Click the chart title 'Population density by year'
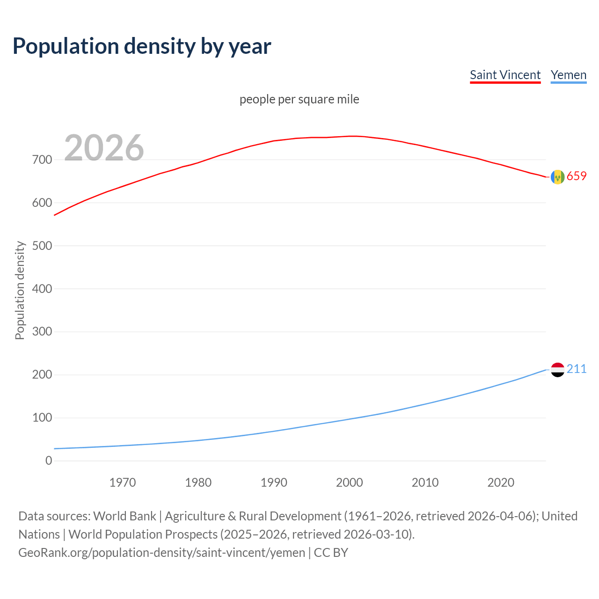pyautogui.click(x=142, y=46)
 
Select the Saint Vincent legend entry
pyautogui.click(x=505, y=75)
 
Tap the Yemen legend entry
pyautogui.click(x=568, y=75)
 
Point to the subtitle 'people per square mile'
pyautogui.click(x=299, y=99)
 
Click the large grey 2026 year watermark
pyautogui.click(x=104, y=148)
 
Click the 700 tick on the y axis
pyautogui.click(x=42, y=160)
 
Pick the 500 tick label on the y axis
pyautogui.click(x=42, y=246)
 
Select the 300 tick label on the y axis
pyautogui.click(x=42, y=332)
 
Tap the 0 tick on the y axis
pyautogui.click(x=49, y=460)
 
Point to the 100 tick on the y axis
pyautogui.click(x=42, y=418)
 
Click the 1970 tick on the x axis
pyautogui.click(x=123, y=482)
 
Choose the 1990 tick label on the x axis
pyautogui.click(x=274, y=482)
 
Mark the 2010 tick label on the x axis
pyautogui.click(x=425, y=482)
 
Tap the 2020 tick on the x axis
pyautogui.click(x=501, y=482)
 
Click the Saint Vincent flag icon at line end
pyautogui.click(x=557, y=177)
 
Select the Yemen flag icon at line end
pyautogui.click(x=557, y=370)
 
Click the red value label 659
pyautogui.click(x=577, y=176)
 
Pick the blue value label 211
pyautogui.click(x=577, y=369)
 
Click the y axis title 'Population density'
pyautogui.click(x=20, y=290)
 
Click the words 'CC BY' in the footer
pyautogui.click(x=331, y=553)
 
